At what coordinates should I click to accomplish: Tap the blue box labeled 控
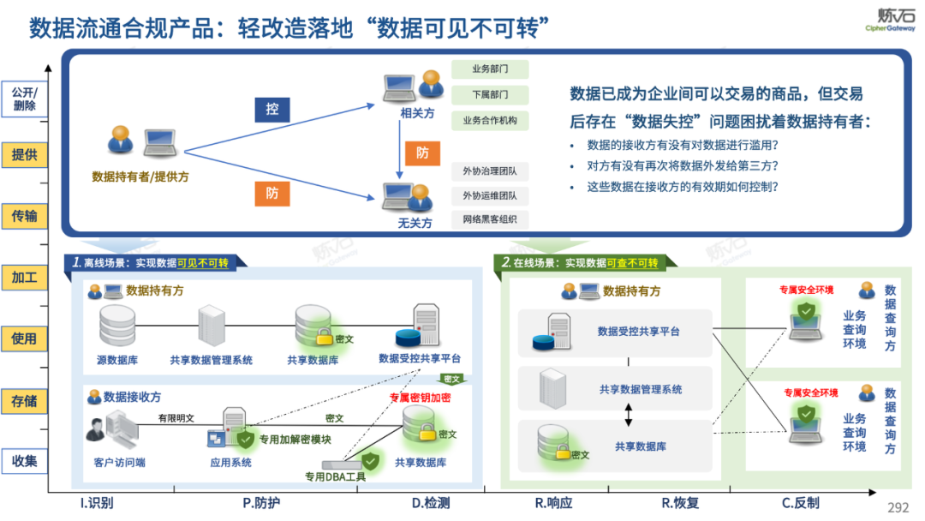272,110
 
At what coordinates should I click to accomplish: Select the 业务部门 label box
490,69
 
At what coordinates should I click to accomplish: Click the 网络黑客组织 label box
490,220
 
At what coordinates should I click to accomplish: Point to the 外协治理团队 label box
490,171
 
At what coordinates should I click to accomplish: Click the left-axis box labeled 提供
24,155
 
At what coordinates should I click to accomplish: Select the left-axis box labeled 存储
24,400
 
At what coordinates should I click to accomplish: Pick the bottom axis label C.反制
800,503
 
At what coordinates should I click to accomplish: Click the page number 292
898,508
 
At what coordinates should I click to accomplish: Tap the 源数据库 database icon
117,325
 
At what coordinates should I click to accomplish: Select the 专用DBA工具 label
336,476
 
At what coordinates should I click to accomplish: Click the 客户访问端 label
119,463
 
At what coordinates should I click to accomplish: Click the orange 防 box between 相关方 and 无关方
422,153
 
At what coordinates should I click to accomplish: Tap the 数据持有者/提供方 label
140,177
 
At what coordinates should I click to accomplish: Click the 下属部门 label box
490,94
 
